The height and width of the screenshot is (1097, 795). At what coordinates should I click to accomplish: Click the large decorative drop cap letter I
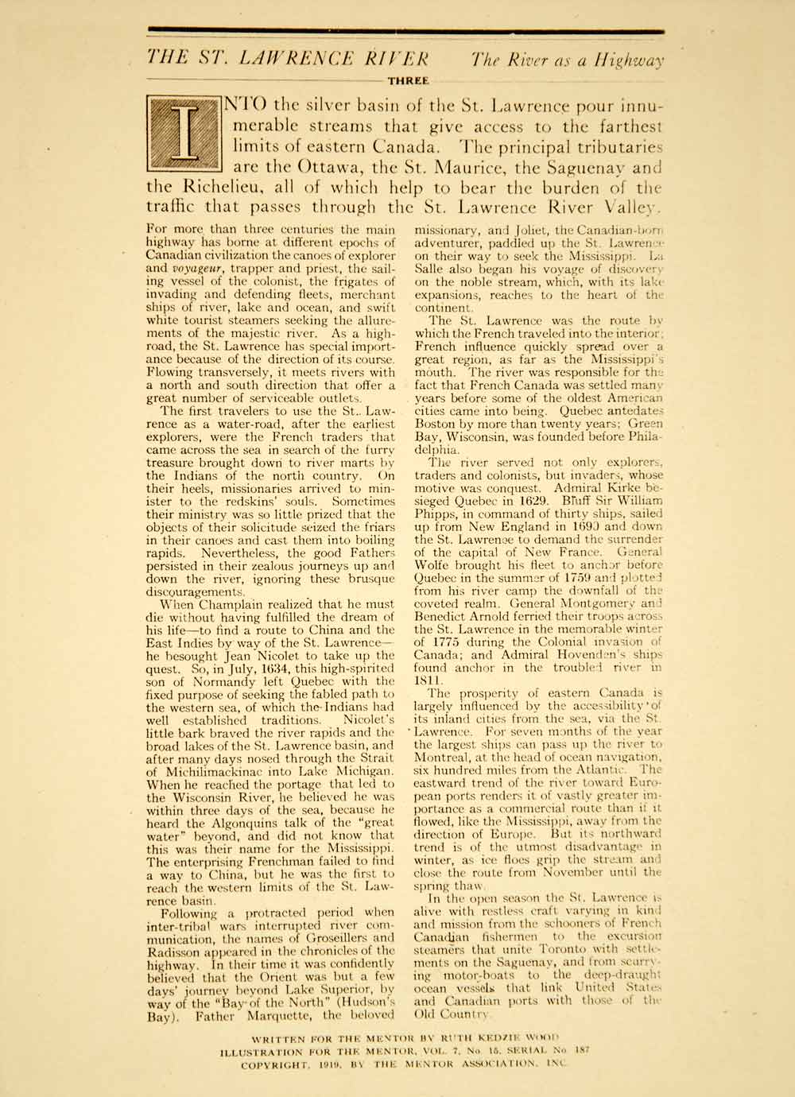point(184,135)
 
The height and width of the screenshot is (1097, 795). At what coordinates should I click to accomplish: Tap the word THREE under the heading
point(408,80)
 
